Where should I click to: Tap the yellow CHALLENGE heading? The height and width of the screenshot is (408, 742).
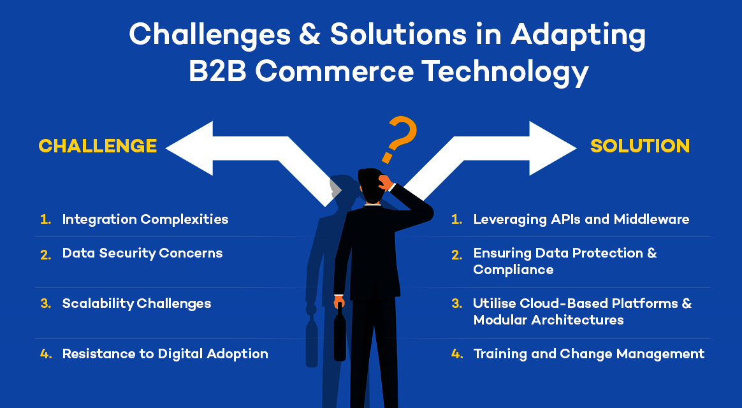click(x=98, y=146)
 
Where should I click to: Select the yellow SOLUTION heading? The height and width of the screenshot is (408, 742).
click(x=640, y=146)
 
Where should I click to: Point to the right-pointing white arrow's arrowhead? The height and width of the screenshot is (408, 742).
click(x=551, y=148)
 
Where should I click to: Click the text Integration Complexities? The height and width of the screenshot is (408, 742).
click(x=145, y=219)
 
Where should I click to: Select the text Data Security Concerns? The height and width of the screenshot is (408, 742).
click(x=142, y=253)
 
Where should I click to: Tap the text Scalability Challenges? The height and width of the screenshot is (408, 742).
click(x=136, y=303)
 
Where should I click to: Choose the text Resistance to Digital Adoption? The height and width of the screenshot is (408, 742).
click(x=165, y=354)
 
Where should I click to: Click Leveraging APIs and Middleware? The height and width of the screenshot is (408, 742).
click(x=581, y=219)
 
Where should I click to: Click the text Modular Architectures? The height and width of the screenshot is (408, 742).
click(x=548, y=320)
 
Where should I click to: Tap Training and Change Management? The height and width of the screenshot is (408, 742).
click(x=588, y=354)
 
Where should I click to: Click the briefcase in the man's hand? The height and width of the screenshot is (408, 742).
click(x=340, y=335)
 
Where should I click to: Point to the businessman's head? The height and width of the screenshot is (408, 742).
click(x=370, y=184)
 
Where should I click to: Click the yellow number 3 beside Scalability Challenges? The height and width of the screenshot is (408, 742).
click(x=45, y=303)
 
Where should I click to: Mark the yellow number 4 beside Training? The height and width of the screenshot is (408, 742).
click(x=456, y=354)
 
